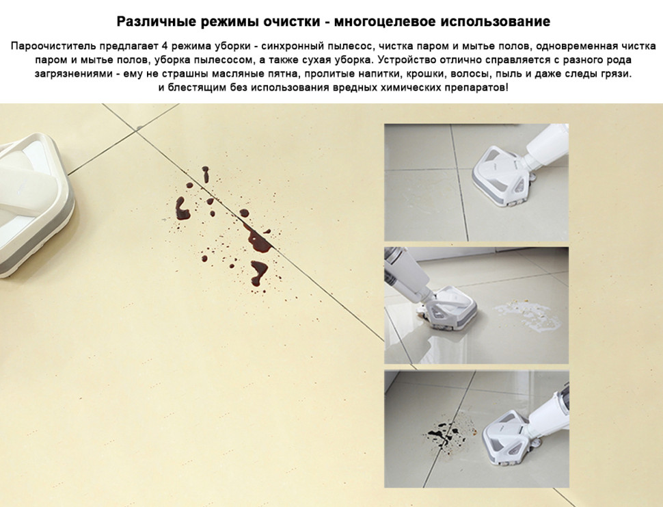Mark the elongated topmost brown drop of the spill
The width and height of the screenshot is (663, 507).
pos(205,174)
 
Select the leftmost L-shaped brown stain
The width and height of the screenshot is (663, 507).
pos(181,208)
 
